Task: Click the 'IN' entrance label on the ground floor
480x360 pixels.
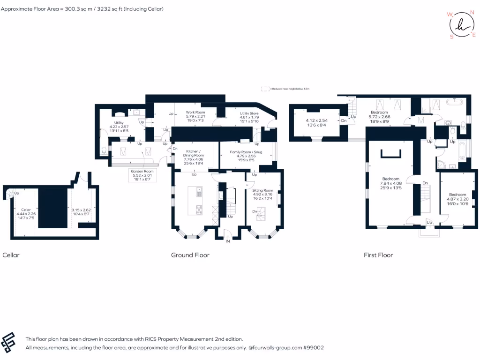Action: pos(228,241)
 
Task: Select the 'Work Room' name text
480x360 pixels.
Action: pos(195,112)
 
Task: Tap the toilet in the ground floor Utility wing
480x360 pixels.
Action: pos(104,151)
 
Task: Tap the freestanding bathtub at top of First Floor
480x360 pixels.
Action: pos(454,102)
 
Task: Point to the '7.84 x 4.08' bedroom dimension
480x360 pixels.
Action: pos(390,184)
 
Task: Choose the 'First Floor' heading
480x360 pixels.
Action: pos(378,255)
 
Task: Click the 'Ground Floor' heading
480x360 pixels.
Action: pos(190,255)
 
